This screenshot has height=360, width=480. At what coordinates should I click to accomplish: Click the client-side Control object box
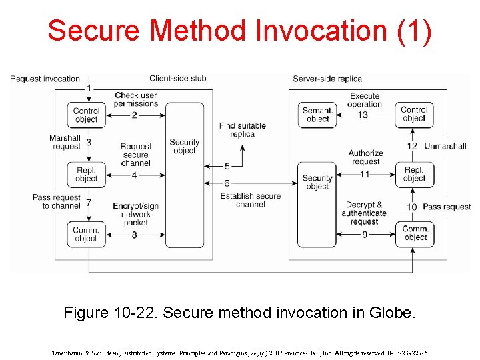pyautogui.click(x=86, y=115)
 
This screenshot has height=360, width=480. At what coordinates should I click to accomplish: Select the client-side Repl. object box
pyautogui.click(x=86, y=175)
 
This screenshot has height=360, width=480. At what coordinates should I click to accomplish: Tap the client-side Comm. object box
pyautogui.click(x=86, y=234)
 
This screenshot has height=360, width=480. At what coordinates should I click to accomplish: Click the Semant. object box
pyautogui.click(x=317, y=115)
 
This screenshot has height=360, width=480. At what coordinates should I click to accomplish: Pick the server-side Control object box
pyautogui.click(x=414, y=114)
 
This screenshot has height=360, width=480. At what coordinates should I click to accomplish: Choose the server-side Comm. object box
pyautogui.click(x=415, y=233)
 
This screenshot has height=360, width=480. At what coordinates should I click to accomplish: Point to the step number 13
pyautogui.click(x=363, y=115)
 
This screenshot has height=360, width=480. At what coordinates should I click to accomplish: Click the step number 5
pyautogui.click(x=227, y=166)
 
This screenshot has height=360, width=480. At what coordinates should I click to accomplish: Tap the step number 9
pyautogui.click(x=364, y=235)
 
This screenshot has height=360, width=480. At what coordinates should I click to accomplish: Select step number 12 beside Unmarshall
pyautogui.click(x=412, y=146)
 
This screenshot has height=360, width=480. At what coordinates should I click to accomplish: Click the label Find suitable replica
pyautogui.click(x=242, y=129)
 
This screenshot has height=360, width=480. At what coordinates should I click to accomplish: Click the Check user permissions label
pyautogui.click(x=135, y=99)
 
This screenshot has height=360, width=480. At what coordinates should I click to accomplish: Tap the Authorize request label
pyautogui.click(x=365, y=157)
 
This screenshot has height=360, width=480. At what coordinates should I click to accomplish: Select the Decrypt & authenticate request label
pyautogui.click(x=364, y=213)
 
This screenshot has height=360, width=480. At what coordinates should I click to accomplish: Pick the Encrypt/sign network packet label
pyautogui.click(x=135, y=215)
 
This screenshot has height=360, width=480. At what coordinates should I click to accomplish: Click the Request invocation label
pyautogui.click(x=45, y=79)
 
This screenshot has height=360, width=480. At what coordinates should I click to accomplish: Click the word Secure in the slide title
pyautogui.click(x=95, y=31)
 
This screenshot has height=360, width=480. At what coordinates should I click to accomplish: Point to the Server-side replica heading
pyautogui.click(x=327, y=79)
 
